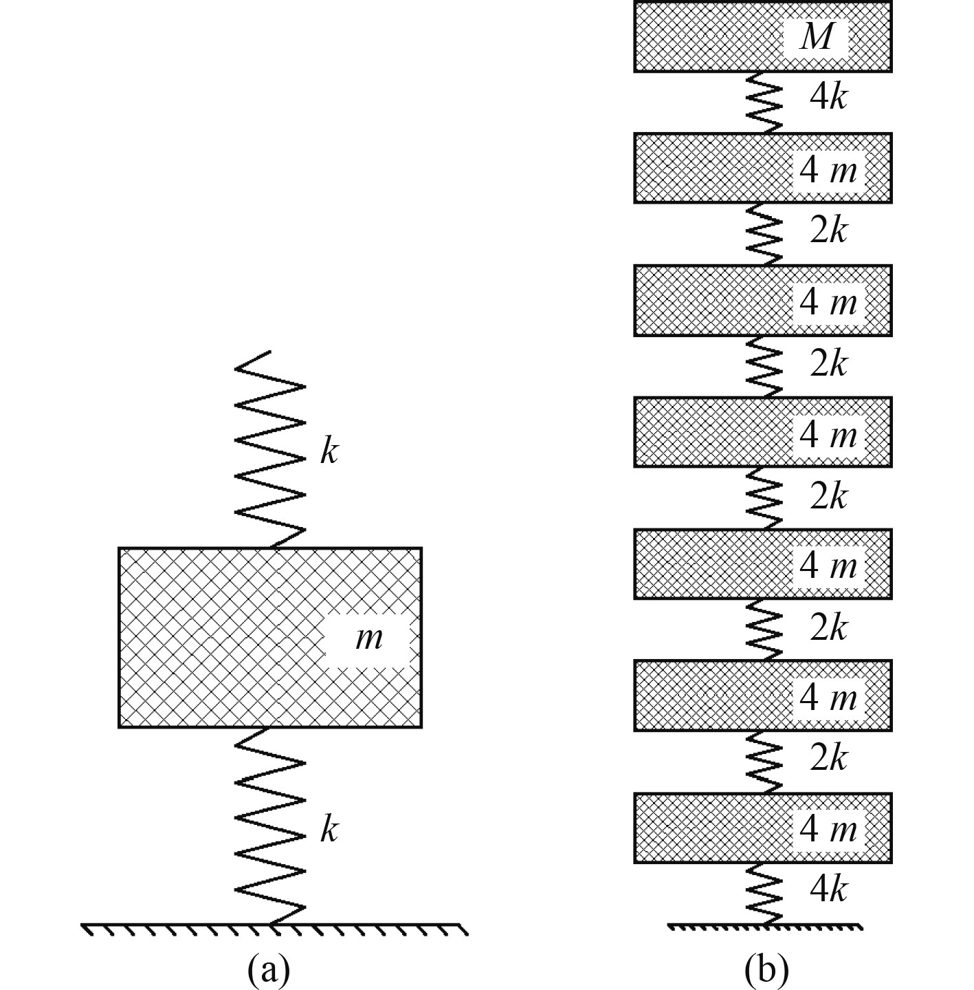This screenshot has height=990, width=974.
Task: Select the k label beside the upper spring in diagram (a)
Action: pos(329,452)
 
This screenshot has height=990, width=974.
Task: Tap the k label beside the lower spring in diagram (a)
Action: pos(329,830)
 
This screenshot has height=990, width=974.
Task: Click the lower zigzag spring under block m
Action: pos(270,826)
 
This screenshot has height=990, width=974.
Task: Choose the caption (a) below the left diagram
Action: pos(269,970)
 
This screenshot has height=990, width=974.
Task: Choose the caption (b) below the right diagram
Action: pos(766,970)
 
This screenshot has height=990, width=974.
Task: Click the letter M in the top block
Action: pos(817,36)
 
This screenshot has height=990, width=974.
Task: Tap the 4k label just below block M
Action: pos(828,98)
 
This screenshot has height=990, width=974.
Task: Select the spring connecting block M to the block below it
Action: pos(764,102)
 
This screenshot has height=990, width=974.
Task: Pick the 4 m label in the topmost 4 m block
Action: pos(828,169)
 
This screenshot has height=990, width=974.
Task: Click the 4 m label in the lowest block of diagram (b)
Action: pos(828,829)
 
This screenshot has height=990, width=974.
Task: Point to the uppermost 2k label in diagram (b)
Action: pos(828,231)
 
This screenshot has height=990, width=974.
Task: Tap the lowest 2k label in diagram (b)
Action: pos(828,758)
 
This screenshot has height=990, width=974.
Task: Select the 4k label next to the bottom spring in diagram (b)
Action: pos(828,890)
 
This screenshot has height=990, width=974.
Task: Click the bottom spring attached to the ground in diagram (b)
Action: pos(764,893)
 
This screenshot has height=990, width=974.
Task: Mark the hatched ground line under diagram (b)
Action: pos(764,927)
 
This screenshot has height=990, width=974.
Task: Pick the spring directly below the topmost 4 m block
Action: pos(764,233)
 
